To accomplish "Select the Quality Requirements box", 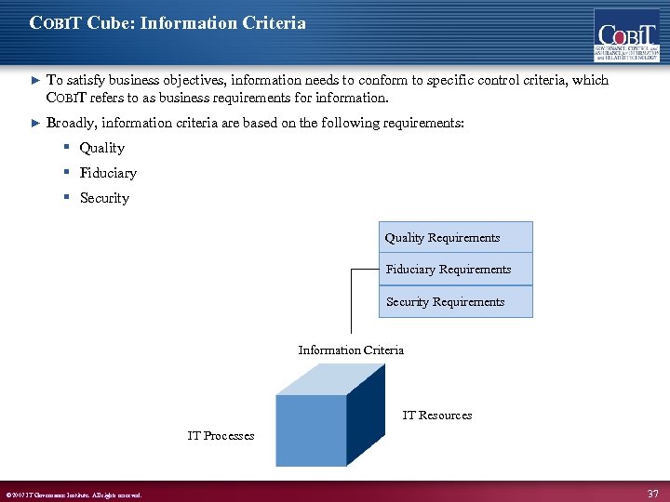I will pos(455,237).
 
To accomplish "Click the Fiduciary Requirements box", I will pos(455,270).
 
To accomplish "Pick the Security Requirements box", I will pos(455,301).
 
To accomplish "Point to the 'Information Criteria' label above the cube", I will pos(351,350).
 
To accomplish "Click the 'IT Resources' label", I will pos(436,415).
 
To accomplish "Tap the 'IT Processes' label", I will pos(221,435).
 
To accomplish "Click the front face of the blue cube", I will pos(311,429).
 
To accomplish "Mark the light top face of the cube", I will pos(330,378).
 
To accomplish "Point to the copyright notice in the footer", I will pos(74,495).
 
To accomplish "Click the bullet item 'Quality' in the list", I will pos(101,148).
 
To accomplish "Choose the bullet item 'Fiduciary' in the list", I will pos(108,173).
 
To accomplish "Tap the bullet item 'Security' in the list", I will pos(104,198).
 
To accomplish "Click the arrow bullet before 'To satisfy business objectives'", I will pos(36,81).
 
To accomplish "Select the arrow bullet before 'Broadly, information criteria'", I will pos(36,123).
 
